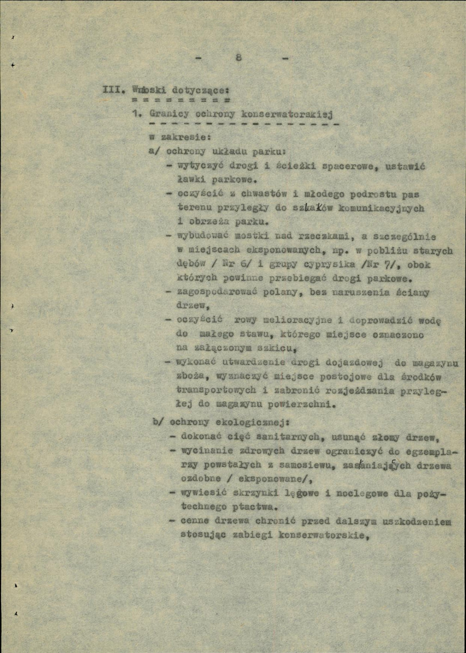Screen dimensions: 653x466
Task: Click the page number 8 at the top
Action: click(239, 58)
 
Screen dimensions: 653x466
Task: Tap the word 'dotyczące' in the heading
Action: click(199, 90)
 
